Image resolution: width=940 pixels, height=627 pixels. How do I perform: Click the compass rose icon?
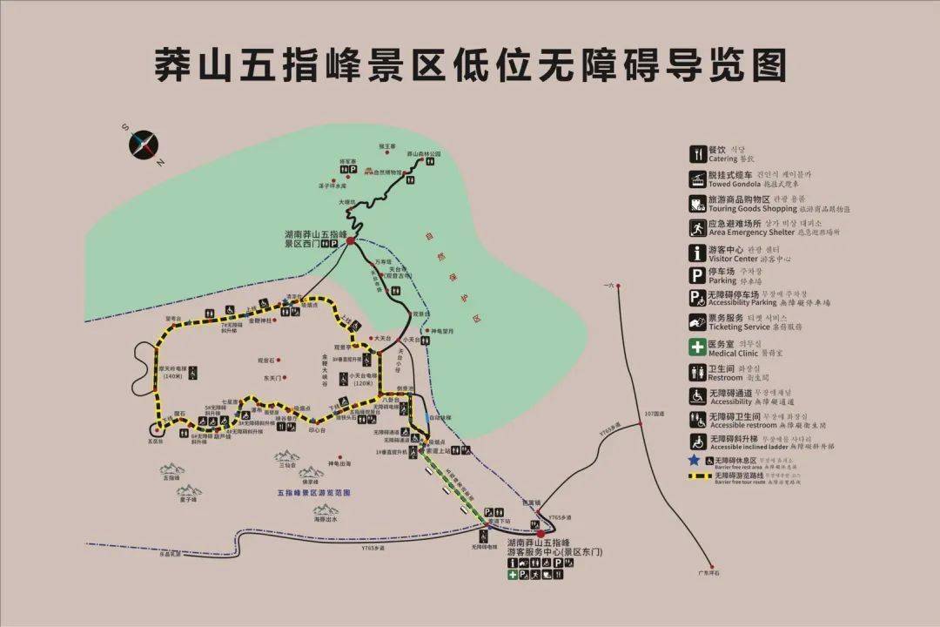[x=144, y=145]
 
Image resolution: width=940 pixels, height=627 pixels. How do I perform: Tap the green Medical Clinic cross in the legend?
[x=697, y=347]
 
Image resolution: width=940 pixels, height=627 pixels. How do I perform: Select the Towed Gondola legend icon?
[x=697, y=179]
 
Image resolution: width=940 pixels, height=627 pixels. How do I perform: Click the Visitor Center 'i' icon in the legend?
[x=697, y=253]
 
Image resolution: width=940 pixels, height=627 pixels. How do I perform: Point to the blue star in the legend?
[x=695, y=460]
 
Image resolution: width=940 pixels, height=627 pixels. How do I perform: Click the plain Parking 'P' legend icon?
[x=697, y=277]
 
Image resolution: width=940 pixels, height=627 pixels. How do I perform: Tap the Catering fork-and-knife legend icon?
[x=697, y=154]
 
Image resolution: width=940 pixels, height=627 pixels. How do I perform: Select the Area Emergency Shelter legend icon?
[x=697, y=228]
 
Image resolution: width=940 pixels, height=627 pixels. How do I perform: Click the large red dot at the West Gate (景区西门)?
[x=350, y=239]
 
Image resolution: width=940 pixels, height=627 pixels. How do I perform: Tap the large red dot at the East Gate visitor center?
[x=540, y=533]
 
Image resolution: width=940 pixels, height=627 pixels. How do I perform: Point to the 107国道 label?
[x=654, y=414]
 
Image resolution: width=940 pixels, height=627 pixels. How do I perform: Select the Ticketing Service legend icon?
[x=697, y=321]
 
